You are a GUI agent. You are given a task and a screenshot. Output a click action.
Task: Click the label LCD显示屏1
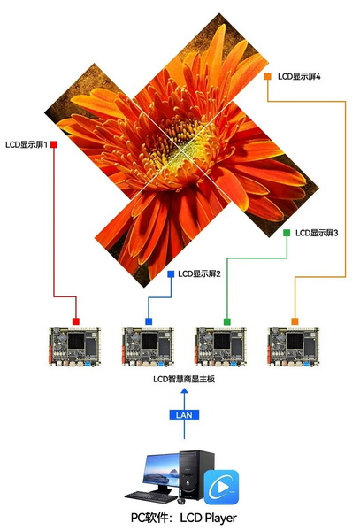point(26,144)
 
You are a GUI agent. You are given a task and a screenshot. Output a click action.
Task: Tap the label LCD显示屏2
point(199,273)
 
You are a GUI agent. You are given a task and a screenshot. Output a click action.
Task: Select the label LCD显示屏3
point(317,233)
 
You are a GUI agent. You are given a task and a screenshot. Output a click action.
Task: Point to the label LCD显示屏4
point(299,76)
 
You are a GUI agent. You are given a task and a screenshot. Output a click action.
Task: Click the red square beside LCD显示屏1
point(54,144)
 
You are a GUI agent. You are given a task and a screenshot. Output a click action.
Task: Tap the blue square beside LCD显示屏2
point(171,274)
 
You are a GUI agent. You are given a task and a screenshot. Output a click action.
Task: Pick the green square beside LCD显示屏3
point(287,233)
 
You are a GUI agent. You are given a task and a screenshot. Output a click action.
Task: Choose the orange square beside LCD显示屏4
point(268,76)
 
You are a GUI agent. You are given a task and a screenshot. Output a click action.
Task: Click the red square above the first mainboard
point(76,321)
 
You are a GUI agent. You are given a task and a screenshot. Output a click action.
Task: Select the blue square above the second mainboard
point(149,321)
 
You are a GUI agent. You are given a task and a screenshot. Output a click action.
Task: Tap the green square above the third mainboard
point(227,321)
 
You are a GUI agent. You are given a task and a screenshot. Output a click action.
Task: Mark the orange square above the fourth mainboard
point(295,321)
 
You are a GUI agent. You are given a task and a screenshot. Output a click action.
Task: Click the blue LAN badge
point(184,415)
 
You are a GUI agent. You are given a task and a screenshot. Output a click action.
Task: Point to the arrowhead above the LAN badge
point(184,391)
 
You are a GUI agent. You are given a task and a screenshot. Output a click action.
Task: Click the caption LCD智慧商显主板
point(184,379)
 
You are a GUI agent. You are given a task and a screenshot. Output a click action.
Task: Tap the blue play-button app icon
point(221,487)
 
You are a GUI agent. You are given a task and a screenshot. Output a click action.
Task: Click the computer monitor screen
point(162,470)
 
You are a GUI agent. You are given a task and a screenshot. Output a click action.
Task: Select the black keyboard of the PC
point(151,496)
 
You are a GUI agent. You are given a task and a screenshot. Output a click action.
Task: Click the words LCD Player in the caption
point(208,518)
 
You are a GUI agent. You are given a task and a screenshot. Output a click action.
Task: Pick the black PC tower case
point(196,474)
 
